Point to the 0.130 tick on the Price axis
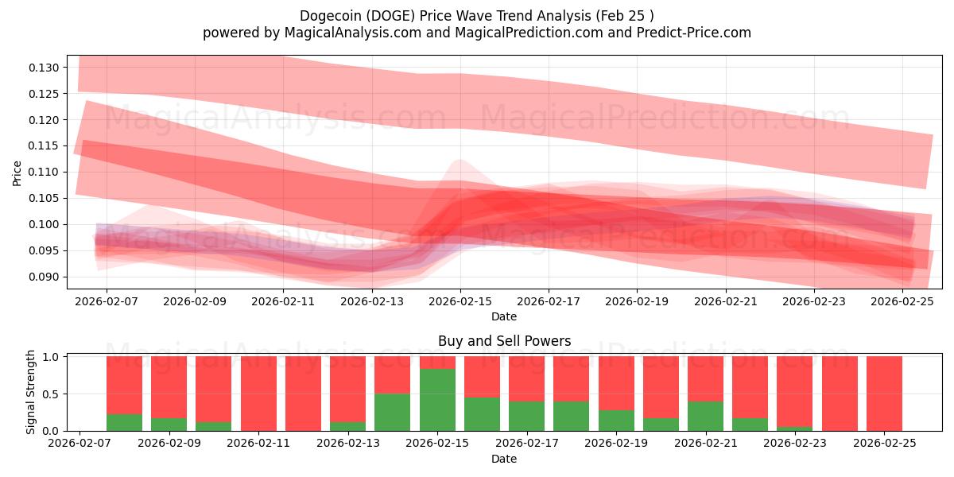(45, 68)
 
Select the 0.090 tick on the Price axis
(45, 277)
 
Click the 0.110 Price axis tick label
(45, 172)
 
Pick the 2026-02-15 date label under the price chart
(460, 301)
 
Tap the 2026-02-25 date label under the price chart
(902, 301)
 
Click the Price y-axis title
(17, 173)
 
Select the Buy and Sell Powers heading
(504, 341)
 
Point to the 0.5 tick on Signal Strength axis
(52, 394)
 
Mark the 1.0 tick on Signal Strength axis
(52, 357)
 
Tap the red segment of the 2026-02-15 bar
(437, 363)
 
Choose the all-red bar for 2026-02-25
(884, 394)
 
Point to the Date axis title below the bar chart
(504, 459)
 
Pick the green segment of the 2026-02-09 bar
(169, 424)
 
